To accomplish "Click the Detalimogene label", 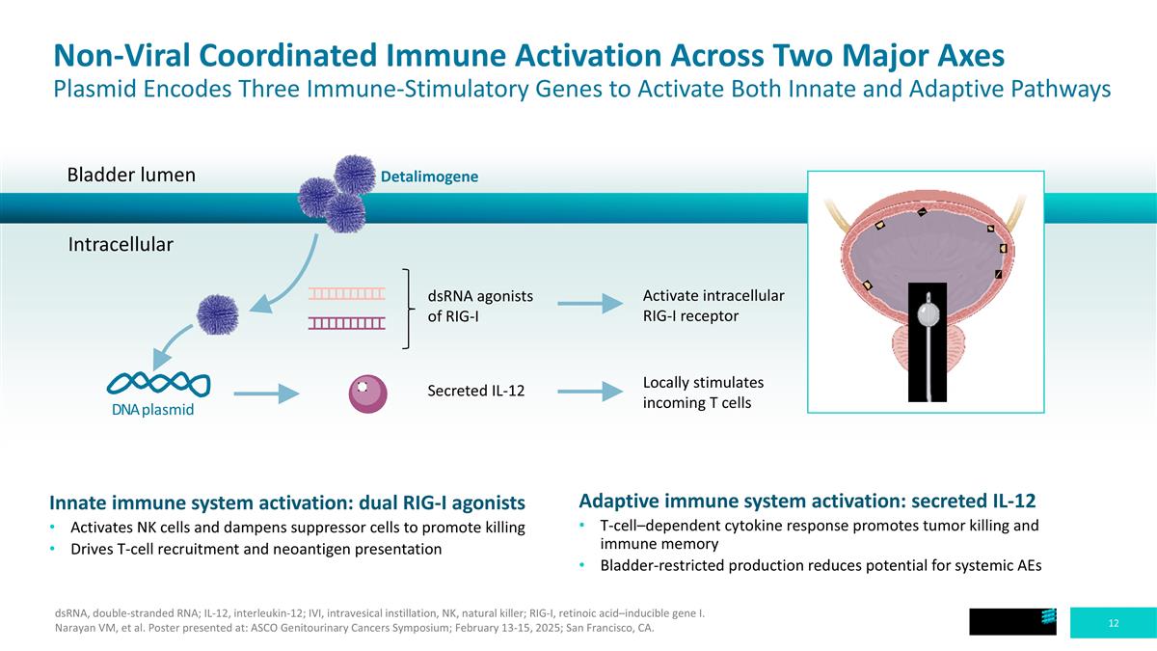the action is click(x=429, y=176).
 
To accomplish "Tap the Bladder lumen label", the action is click(x=131, y=175).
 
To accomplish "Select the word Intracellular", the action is click(x=121, y=244).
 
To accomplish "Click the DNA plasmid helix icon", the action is click(x=158, y=385).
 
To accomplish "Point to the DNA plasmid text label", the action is click(x=153, y=410).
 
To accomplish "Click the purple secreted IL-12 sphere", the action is click(x=367, y=393).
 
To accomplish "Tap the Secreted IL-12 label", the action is click(x=475, y=391).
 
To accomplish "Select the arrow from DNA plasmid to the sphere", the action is click(x=266, y=393).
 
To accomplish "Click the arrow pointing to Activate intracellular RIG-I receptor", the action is click(x=590, y=304).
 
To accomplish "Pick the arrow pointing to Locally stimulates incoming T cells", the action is click(x=590, y=392).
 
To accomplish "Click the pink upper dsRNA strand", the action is click(x=346, y=294).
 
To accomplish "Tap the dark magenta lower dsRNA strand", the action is click(x=346, y=323).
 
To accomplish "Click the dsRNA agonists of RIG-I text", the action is click(x=480, y=306).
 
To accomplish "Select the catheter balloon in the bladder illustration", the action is click(x=928, y=313).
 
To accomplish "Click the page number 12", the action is click(x=1113, y=623).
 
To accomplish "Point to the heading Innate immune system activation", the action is click(x=287, y=502).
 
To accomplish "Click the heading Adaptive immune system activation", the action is click(x=807, y=502).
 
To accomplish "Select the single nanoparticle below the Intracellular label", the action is click(x=218, y=314).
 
